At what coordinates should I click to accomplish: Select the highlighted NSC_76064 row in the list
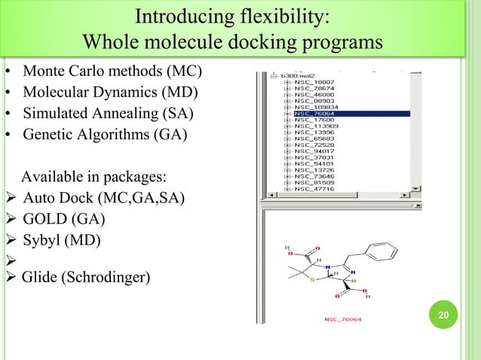(x=309, y=114)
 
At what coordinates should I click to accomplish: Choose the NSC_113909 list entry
(x=311, y=127)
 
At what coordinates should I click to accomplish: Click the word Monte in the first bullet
(x=44, y=73)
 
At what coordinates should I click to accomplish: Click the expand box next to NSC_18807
(x=287, y=82)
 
